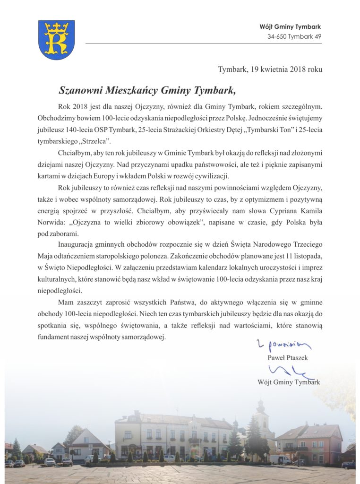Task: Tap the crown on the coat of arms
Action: click(56, 28)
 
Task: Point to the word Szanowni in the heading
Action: click(79, 90)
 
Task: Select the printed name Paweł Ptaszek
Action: click(288, 358)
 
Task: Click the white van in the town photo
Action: click(280, 459)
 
